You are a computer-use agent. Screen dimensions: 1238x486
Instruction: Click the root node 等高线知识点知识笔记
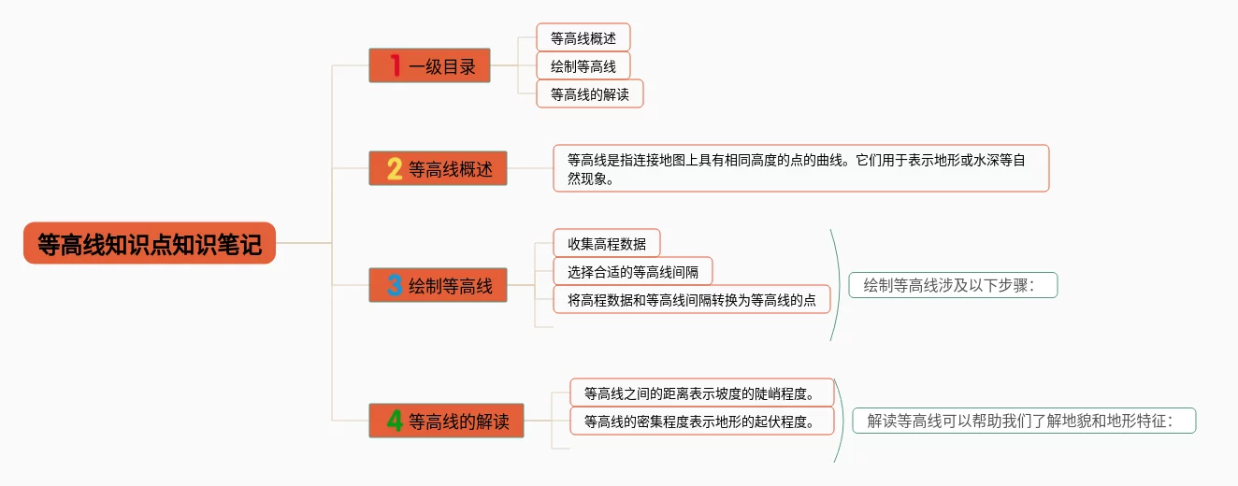click(x=150, y=243)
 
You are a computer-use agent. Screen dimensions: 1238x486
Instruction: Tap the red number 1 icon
click(x=396, y=65)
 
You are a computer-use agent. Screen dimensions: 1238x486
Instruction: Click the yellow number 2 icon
click(x=395, y=169)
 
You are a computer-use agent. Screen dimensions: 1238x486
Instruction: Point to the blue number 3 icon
click(x=395, y=285)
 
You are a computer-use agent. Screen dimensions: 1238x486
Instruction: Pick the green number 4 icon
click(x=395, y=421)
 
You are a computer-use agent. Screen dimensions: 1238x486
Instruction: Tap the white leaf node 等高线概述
click(x=583, y=37)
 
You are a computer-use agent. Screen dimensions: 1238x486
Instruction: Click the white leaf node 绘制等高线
click(x=583, y=65)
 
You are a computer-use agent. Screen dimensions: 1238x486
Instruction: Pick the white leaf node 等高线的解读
click(x=590, y=93)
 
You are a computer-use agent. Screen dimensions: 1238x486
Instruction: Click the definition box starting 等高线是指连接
click(x=800, y=168)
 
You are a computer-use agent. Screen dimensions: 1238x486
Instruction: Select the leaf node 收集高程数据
click(x=607, y=243)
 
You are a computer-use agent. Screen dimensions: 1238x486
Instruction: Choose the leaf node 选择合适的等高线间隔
click(x=632, y=271)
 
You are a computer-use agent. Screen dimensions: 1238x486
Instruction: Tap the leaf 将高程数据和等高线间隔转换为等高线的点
click(x=692, y=299)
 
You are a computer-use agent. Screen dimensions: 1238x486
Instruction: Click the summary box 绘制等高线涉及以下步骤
click(x=953, y=285)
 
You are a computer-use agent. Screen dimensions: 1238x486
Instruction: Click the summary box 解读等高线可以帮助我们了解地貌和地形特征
click(x=1024, y=421)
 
